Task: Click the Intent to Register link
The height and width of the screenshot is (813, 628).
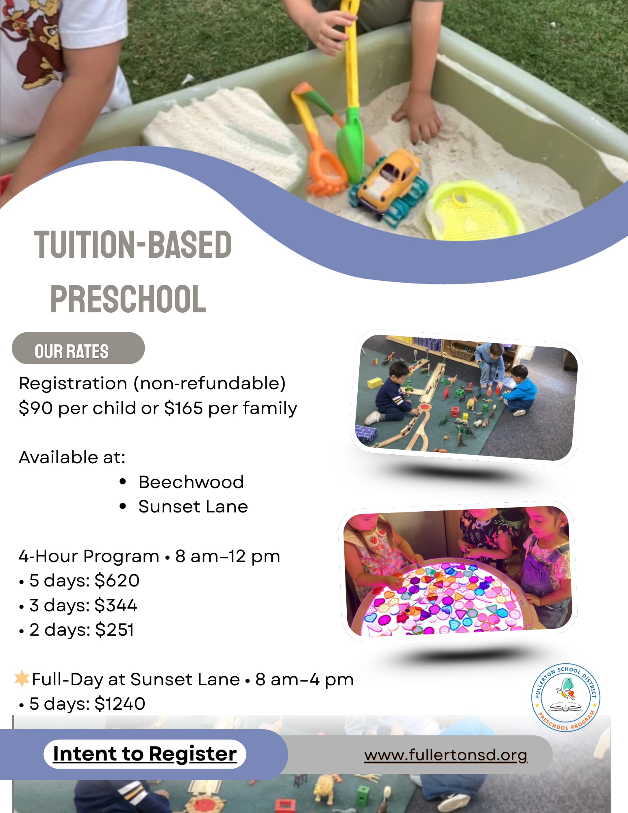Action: pyautogui.click(x=145, y=754)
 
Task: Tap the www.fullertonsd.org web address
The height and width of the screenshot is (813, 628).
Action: pyautogui.click(x=446, y=755)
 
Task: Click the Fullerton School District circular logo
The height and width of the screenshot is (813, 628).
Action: pyautogui.click(x=566, y=697)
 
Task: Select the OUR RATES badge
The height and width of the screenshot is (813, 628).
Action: pyautogui.click(x=78, y=348)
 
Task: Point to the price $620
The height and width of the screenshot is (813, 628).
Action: pyautogui.click(x=117, y=580)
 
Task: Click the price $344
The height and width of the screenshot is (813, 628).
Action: pyautogui.click(x=116, y=605)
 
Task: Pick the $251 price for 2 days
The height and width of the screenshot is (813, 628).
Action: pyautogui.click(x=114, y=630)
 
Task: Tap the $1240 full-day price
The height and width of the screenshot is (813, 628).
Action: pyautogui.click(x=120, y=704)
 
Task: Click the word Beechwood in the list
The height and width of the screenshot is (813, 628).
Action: pyautogui.click(x=191, y=482)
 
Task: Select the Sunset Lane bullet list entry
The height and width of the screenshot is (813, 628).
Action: pyautogui.click(x=193, y=507)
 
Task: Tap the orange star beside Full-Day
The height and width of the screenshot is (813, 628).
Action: pyautogui.click(x=22, y=679)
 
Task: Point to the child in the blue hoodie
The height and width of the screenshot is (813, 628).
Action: pyautogui.click(x=518, y=390)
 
